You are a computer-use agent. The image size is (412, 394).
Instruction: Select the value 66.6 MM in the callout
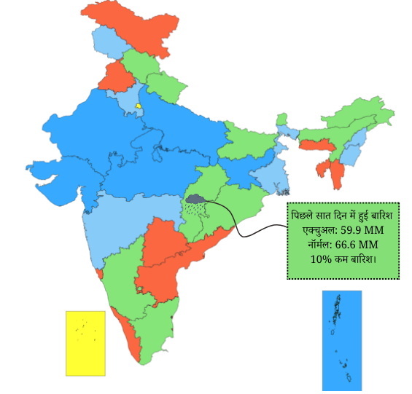pyautogui.click(x=357, y=245)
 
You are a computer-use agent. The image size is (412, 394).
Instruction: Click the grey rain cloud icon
pyautogui.click(x=195, y=198)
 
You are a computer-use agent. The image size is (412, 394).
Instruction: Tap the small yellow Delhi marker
pyautogui.click(x=137, y=106)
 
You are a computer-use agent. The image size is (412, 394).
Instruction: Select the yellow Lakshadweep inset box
pyautogui.click(x=85, y=342)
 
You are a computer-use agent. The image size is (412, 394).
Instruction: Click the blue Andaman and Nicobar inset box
pyautogui.click(x=341, y=340)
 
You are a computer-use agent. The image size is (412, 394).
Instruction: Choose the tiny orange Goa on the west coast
pyautogui.click(x=98, y=273)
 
